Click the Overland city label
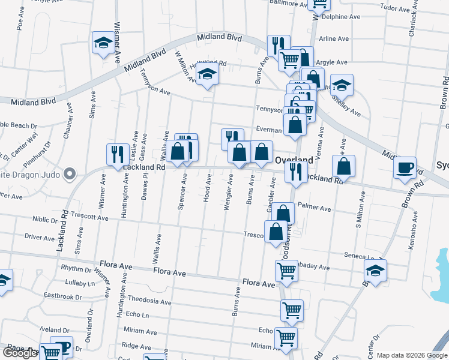click(x=294, y=160)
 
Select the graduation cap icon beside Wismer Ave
click(x=103, y=43)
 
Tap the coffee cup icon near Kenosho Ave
click(x=405, y=167)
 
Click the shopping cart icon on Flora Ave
click(x=286, y=271)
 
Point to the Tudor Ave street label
click(x=394, y=8)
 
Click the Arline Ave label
click(x=334, y=38)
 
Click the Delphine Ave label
click(x=341, y=17)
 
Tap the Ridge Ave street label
click(x=136, y=346)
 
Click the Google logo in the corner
click(x=20, y=353)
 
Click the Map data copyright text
click(x=411, y=355)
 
